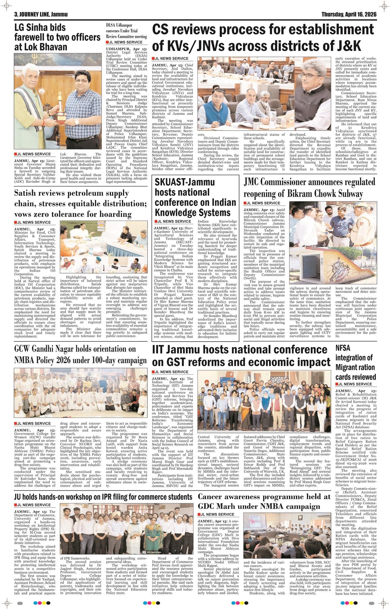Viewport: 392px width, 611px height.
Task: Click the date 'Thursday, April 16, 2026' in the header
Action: (x=349, y=14)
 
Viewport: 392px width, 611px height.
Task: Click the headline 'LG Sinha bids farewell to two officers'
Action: (x=57, y=37)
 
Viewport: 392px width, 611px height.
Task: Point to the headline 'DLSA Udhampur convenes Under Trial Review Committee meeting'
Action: (x=126, y=31)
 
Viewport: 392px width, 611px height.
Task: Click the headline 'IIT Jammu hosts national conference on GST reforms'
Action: (x=241, y=355)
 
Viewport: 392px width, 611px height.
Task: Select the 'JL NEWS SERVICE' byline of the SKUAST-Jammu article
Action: (x=174, y=222)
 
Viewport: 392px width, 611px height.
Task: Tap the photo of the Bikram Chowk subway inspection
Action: (x=333, y=241)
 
